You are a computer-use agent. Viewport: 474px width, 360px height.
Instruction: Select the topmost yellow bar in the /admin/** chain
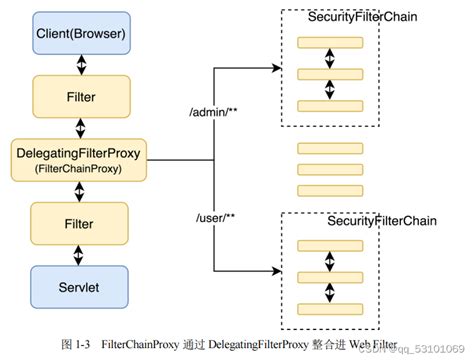tap(328, 43)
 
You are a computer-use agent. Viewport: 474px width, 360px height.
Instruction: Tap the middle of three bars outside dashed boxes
tap(328, 168)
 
